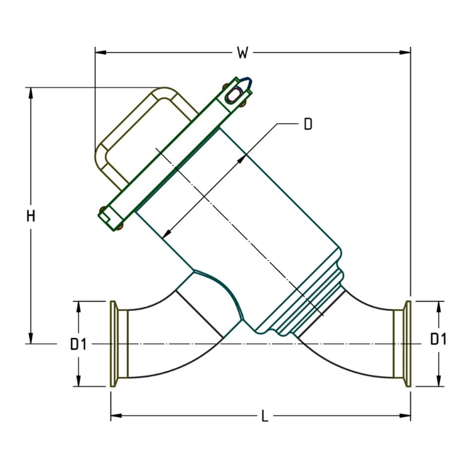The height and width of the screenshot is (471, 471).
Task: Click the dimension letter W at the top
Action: click(242, 53)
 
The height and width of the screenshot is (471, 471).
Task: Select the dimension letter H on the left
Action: click(31, 217)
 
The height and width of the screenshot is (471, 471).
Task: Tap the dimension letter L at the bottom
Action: click(264, 416)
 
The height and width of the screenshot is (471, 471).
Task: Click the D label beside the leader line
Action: click(308, 124)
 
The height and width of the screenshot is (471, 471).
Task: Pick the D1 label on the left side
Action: click(78, 344)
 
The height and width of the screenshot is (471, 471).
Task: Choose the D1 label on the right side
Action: click(438, 340)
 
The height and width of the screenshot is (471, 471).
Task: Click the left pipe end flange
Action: click(116, 344)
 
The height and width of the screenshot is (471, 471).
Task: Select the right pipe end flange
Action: click(406, 344)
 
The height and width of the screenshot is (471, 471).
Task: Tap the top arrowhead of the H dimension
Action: click(31, 92)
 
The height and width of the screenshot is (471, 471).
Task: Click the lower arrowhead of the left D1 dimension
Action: click(78, 381)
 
